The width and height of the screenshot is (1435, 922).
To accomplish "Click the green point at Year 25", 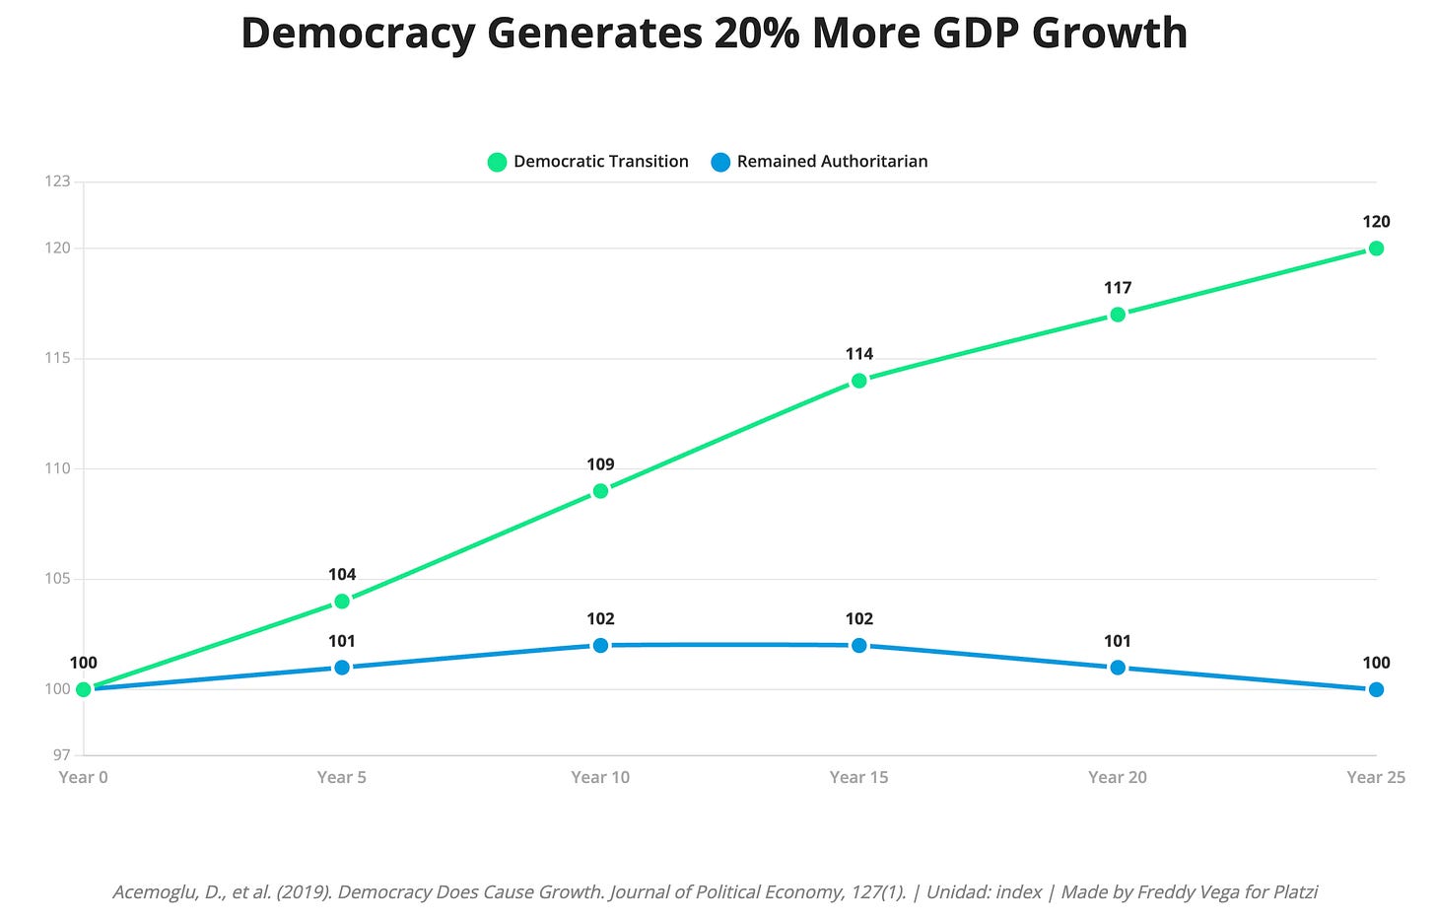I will click(x=1376, y=248).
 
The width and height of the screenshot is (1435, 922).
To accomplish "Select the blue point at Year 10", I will click(x=600, y=645).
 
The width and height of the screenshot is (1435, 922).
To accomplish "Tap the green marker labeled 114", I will click(x=859, y=381).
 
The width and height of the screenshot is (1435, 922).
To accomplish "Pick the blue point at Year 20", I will click(x=1118, y=668).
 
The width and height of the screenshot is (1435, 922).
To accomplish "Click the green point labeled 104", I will click(x=342, y=601).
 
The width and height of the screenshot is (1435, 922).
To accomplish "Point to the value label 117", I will click(x=1118, y=288).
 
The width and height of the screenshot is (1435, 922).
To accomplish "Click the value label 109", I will click(x=600, y=464).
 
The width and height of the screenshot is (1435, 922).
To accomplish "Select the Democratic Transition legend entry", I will click(x=588, y=162).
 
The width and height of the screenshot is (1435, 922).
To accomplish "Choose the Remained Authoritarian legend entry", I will click(x=819, y=162).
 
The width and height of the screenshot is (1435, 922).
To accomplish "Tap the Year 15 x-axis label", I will click(x=858, y=777).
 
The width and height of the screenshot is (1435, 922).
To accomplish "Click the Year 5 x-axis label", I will click(x=342, y=777).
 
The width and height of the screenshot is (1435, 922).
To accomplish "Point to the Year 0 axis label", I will click(x=83, y=777).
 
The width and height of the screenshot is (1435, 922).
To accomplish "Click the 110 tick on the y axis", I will click(x=57, y=468).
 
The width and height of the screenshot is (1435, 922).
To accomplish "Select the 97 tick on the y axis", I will click(x=61, y=755).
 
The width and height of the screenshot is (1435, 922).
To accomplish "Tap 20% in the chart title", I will click(x=752, y=34).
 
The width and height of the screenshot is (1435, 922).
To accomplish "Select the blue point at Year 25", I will click(x=1376, y=689).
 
